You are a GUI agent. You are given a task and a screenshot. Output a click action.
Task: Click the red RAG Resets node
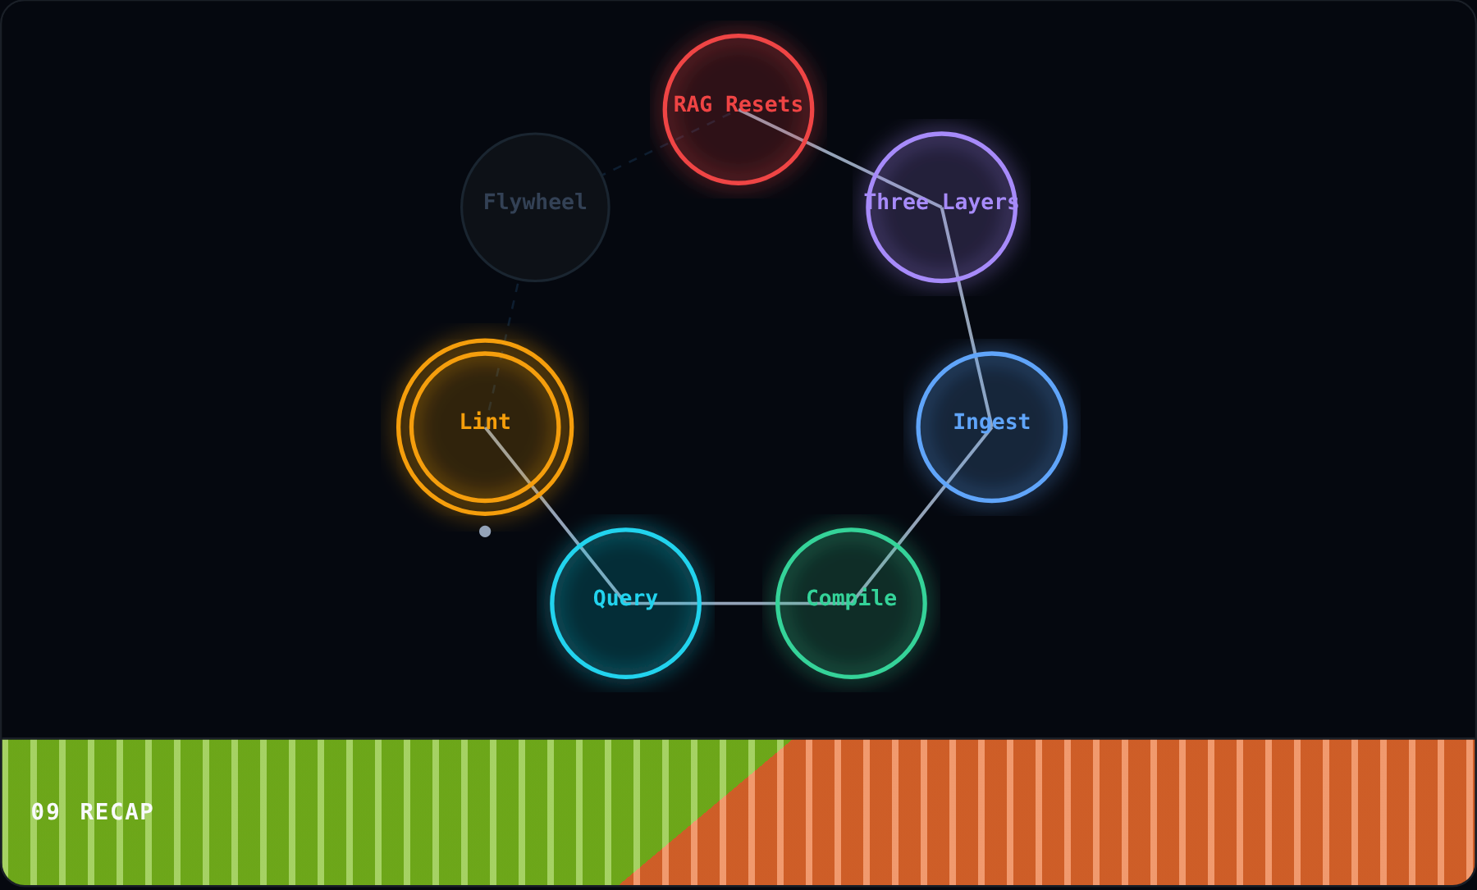[738, 109]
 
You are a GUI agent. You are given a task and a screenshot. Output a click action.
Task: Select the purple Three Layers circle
[941, 208]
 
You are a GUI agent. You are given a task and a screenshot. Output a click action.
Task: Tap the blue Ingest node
[991, 427]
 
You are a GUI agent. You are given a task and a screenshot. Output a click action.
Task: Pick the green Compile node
[851, 603]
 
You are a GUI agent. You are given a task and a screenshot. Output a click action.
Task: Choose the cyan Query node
[625, 603]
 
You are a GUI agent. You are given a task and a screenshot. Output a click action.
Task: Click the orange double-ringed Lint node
[485, 427]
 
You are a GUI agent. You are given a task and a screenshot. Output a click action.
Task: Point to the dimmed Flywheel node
[535, 208]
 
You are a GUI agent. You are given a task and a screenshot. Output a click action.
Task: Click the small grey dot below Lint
[485, 532]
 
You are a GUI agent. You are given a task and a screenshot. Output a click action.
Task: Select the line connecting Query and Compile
[738, 603]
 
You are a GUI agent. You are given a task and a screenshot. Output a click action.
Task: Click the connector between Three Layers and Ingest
[967, 317]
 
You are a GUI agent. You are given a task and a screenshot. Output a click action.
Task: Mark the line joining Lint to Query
[556, 515]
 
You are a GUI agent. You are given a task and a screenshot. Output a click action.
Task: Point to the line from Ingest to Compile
[921, 515]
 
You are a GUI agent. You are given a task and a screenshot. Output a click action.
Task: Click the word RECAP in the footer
[117, 812]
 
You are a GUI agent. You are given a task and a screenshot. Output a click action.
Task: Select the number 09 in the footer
[45, 812]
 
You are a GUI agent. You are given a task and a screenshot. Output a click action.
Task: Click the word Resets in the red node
[764, 104]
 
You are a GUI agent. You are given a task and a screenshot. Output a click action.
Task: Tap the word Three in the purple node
[896, 202]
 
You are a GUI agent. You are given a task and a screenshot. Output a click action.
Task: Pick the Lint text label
[485, 422]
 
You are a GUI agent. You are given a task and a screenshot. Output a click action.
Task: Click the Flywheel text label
[535, 202]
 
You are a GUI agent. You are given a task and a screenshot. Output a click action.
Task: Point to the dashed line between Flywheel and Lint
[503, 351]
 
